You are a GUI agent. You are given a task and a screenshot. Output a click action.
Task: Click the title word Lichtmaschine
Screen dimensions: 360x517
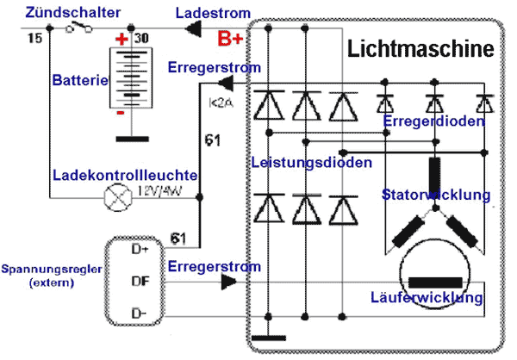(421, 49)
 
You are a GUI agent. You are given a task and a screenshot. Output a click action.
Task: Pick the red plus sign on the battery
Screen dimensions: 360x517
(122, 40)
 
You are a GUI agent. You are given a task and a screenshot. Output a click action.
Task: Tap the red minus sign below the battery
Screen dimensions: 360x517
(121, 113)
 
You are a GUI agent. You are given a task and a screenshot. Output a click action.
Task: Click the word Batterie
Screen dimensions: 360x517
(79, 80)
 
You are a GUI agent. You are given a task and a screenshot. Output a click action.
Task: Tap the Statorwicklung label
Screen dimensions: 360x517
(436, 196)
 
